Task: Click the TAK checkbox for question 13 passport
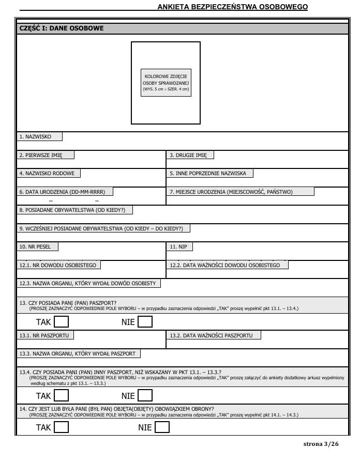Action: (62, 322)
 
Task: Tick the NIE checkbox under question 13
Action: (145, 322)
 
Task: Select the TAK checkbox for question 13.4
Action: (62, 396)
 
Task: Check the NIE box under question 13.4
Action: (145, 396)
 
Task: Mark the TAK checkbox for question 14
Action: (62, 427)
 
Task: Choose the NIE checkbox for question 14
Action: (162, 427)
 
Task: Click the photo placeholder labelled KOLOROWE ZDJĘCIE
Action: (166, 83)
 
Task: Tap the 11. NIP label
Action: (179, 247)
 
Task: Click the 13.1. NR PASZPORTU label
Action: (46, 335)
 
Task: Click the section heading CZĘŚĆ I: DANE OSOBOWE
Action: (61, 28)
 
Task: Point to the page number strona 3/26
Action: (321, 444)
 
